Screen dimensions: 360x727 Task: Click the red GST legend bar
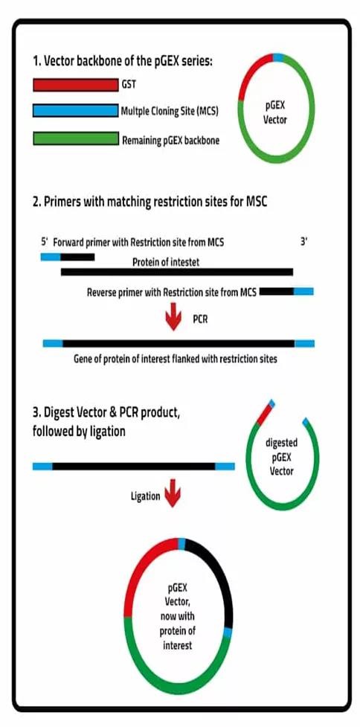[x=76, y=85]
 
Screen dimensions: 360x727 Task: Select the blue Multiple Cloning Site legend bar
[x=76, y=111]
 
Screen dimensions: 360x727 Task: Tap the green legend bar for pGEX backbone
[x=76, y=138]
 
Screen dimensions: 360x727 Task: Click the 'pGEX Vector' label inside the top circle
[x=275, y=112]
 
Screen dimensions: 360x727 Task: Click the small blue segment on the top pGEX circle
[x=277, y=57]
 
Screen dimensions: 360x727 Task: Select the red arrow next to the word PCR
[x=173, y=316]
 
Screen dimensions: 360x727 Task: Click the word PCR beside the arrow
[x=199, y=319]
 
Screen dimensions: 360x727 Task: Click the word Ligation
[x=145, y=496]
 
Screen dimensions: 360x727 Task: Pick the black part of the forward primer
[x=77, y=257]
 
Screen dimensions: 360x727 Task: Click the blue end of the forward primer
[x=51, y=257]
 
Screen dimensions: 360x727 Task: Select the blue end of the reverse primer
[x=303, y=291]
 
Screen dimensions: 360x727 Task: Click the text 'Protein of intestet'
[x=166, y=263]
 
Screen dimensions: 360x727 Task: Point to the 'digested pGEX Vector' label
[x=281, y=457]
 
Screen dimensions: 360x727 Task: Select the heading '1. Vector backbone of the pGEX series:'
[x=123, y=61]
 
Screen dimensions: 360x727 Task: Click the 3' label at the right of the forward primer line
[x=303, y=242]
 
